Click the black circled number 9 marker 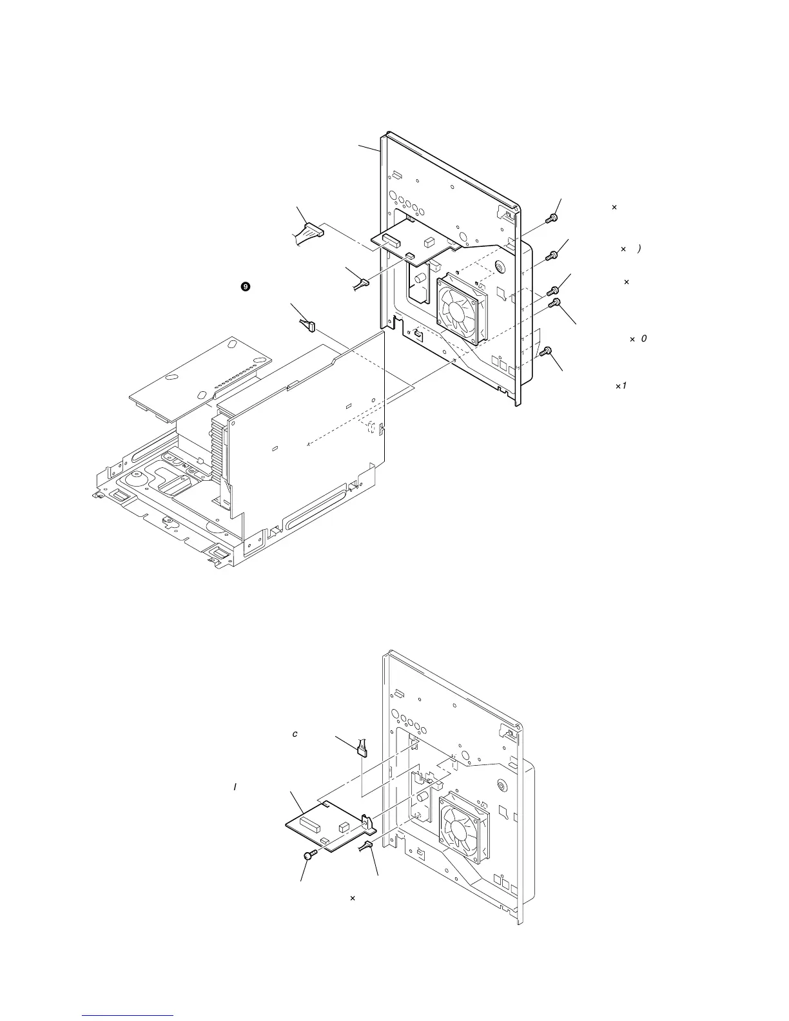[x=245, y=287]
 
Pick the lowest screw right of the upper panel [x=546, y=352]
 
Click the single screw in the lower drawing [x=309, y=856]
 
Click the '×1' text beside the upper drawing [x=621, y=385]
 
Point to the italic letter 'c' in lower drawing [x=295, y=734]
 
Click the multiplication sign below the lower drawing [x=352, y=897]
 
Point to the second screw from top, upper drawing [x=551, y=256]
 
